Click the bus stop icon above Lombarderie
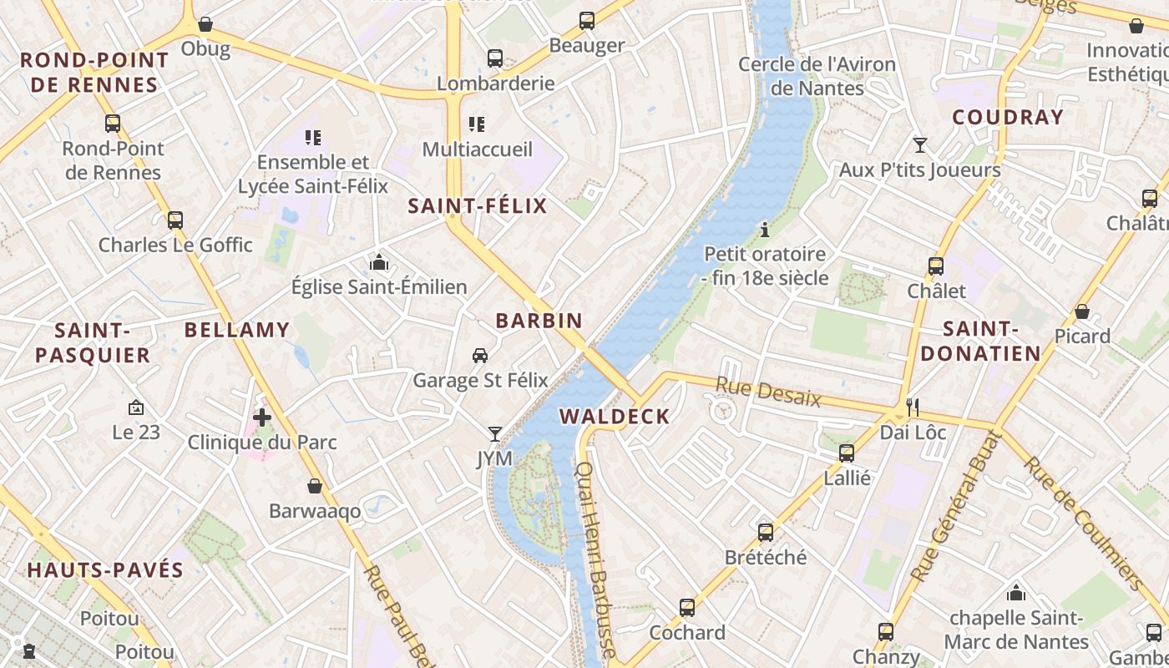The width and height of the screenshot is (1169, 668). (495, 58)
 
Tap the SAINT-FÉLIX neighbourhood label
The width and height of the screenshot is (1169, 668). (477, 206)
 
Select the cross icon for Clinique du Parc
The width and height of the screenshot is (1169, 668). (262, 417)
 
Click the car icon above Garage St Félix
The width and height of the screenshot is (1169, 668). (480, 356)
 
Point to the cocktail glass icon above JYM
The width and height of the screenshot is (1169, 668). (495, 434)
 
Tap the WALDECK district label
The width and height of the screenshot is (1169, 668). (615, 417)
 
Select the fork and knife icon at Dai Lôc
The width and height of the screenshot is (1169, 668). (913, 407)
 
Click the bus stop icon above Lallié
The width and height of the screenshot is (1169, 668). (847, 453)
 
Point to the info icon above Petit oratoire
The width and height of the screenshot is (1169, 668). (764, 229)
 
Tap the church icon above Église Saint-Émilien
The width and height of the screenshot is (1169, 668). (379, 262)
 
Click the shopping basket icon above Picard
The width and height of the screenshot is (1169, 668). (1082, 311)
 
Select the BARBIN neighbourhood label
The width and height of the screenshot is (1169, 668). (539, 321)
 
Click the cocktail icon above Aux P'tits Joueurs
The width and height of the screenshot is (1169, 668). (919, 145)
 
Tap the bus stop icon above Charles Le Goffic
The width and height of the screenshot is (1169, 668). (175, 220)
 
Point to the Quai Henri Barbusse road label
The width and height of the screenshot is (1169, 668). (596, 559)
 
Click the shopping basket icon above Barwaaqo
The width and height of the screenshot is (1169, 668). (315, 486)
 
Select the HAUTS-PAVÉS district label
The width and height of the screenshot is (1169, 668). (105, 571)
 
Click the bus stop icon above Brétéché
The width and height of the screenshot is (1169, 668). (766, 533)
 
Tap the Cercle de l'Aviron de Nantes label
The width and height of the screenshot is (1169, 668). (817, 76)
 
